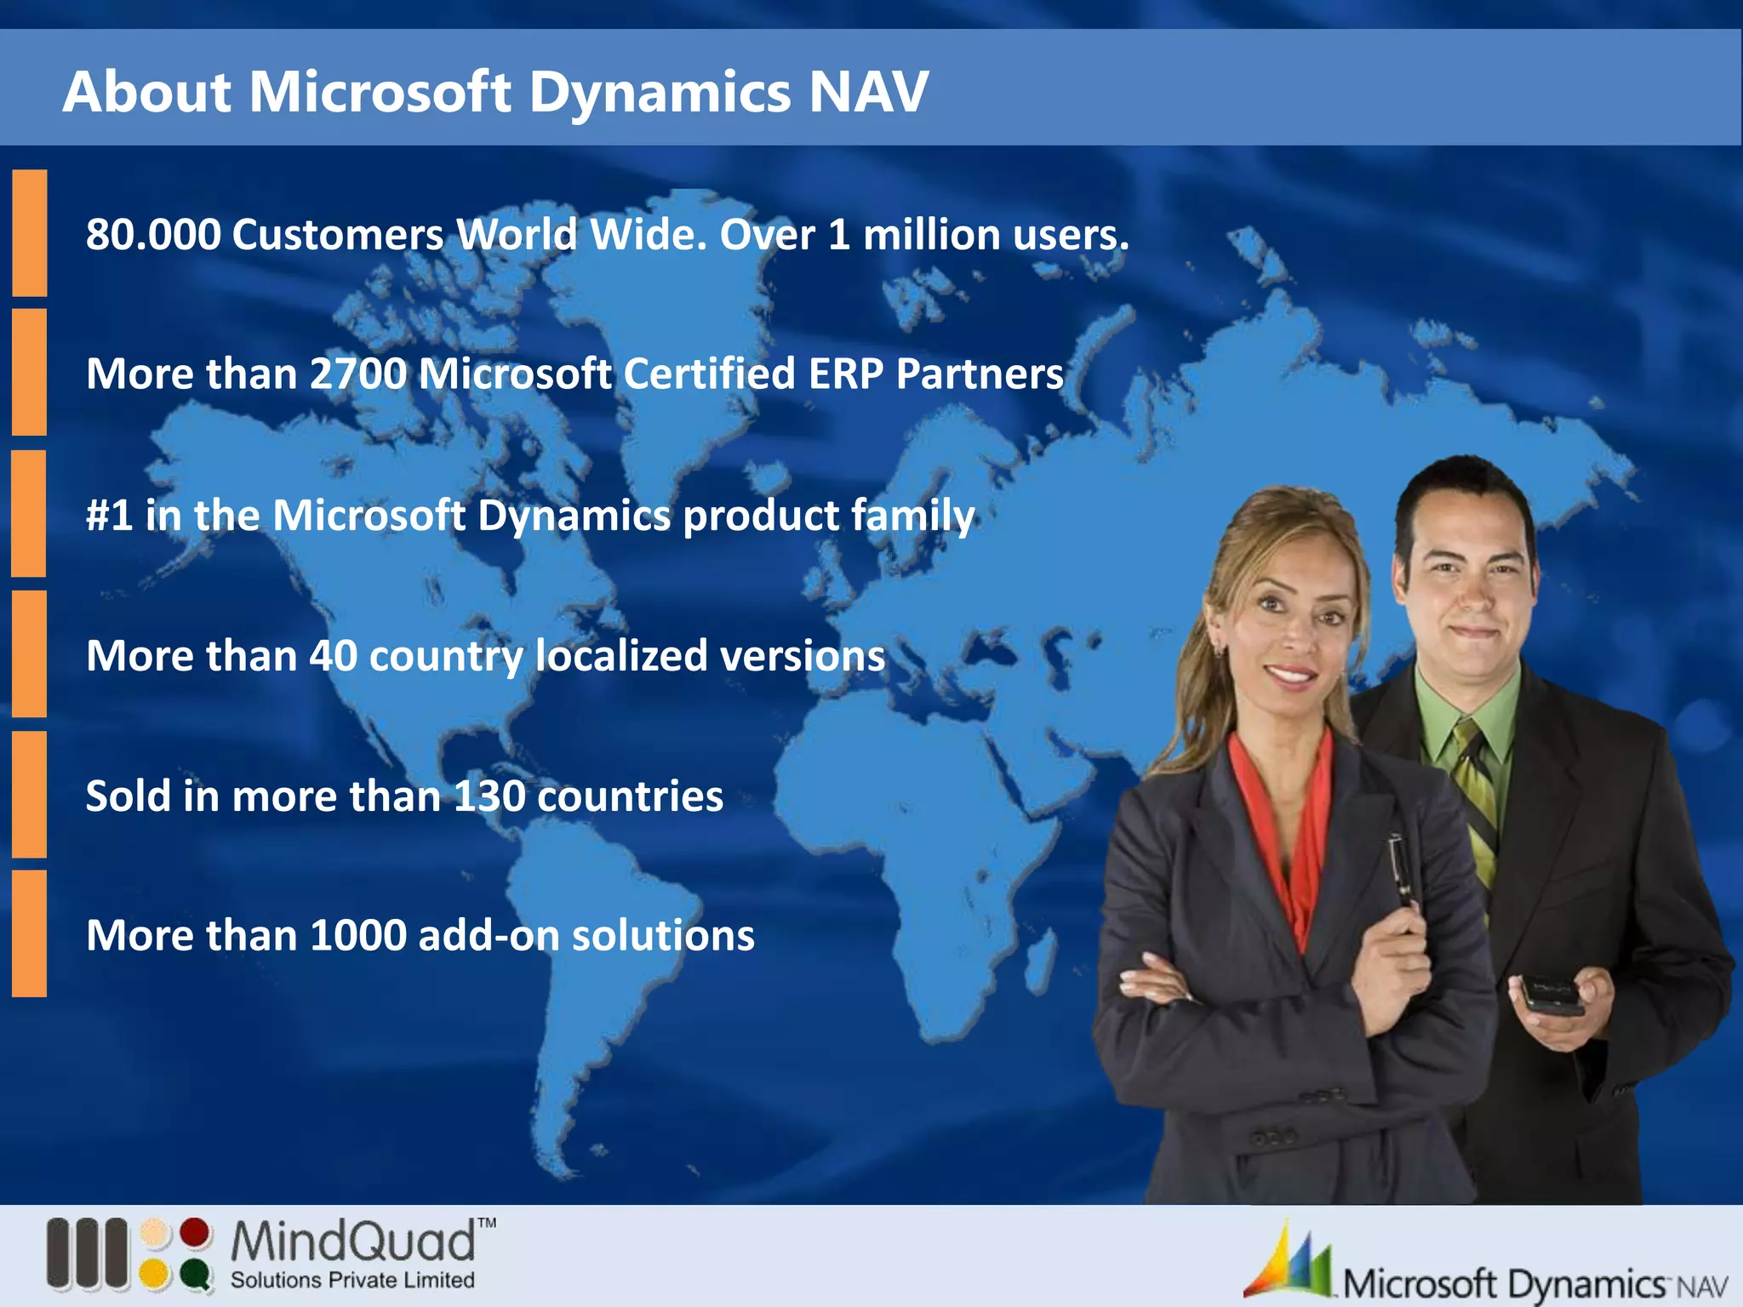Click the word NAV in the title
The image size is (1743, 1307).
pos(868,92)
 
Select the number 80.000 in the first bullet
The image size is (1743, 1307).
pos(152,235)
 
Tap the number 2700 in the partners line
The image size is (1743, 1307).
pos(357,374)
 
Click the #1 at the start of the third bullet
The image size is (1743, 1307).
pos(109,516)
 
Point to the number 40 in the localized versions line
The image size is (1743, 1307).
pos(333,656)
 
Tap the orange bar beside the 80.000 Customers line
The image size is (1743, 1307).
pos(30,233)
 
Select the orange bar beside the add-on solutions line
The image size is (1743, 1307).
pos(30,933)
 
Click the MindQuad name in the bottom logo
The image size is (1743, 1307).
pos(353,1241)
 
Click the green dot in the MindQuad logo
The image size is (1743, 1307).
pos(196,1275)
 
